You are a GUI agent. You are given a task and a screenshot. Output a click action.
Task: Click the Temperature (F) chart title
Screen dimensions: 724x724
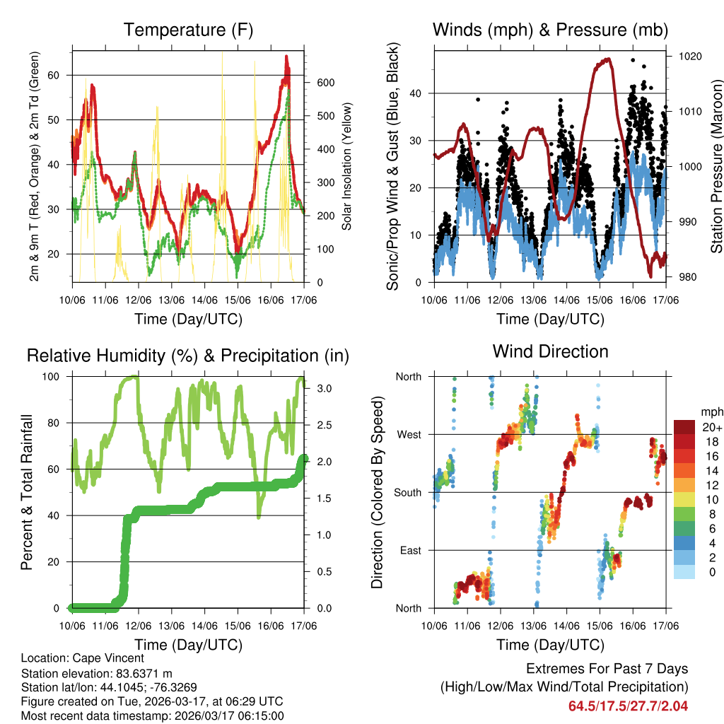[x=188, y=30]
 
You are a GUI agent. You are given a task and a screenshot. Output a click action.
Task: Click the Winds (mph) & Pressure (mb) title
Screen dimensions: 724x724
[x=550, y=30]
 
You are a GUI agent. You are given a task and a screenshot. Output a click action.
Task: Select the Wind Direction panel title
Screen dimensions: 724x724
[x=550, y=351]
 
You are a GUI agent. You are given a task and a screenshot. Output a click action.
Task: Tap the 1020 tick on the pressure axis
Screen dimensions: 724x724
[x=689, y=56]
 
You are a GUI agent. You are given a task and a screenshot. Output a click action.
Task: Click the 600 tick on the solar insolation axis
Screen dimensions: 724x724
[x=325, y=83]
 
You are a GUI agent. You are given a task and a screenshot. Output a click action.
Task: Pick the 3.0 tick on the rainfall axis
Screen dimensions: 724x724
[x=325, y=388]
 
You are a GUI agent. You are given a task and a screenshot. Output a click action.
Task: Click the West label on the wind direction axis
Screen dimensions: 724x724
[x=408, y=434]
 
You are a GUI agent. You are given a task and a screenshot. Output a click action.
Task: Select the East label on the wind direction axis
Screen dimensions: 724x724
[x=409, y=550]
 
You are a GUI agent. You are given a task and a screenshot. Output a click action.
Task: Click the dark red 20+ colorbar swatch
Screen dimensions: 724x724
[x=684, y=427]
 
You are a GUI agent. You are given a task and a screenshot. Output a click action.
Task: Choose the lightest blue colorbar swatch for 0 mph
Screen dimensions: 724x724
[x=684, y=571]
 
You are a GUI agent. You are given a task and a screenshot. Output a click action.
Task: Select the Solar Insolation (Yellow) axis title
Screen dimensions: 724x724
[x=346, y=166]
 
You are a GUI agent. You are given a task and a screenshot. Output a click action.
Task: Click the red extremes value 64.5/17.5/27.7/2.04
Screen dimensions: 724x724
[x=628, y=706]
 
